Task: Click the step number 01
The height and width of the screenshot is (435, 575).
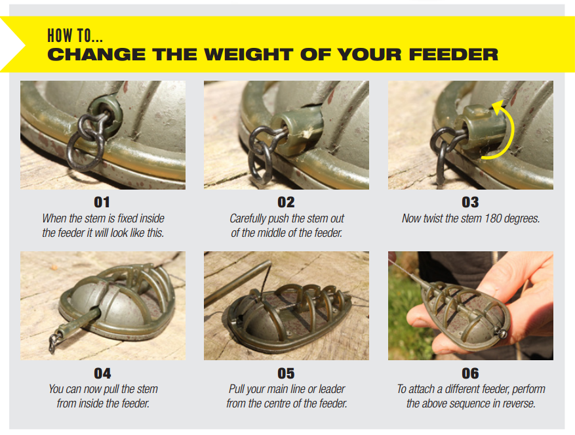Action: (102, 202)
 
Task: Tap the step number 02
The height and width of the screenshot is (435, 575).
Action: (286, 202)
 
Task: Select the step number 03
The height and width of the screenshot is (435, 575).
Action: (470, 202)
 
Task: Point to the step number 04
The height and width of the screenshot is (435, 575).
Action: (102, 373)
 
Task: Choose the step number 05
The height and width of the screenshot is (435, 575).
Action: (286, 373)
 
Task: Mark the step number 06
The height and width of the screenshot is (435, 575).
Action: (470, 373)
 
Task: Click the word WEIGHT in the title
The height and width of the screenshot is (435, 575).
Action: (248, 54)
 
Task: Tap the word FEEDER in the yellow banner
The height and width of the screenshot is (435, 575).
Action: (454, 54)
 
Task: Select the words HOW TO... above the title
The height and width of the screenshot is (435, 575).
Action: (75, 36)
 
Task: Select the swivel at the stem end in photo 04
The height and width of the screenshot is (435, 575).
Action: (55, 341)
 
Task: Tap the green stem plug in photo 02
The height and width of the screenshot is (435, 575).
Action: (297, 131)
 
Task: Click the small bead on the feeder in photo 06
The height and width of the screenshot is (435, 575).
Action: (502, 334)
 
